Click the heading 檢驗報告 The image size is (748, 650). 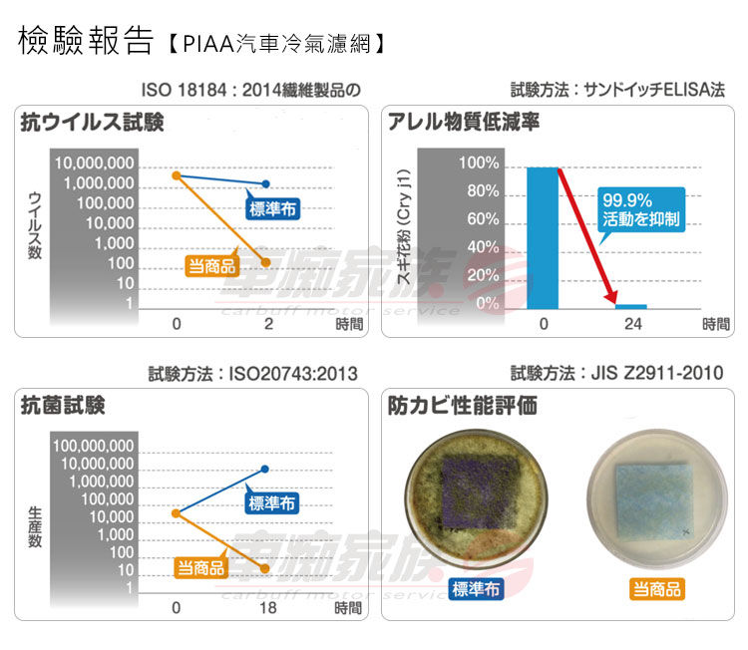(x=86, y=41)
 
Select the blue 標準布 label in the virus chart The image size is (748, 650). (x=272, y=208)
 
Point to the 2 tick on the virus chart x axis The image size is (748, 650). (x=267, y=324)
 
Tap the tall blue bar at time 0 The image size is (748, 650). (x=543, y=237)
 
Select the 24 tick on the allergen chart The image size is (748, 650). (x=632, y=324)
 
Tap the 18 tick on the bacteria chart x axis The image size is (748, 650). (x=267, y=607)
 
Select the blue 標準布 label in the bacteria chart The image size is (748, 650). (x=272, y=502)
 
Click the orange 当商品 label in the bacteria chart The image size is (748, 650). (x=201, y=568)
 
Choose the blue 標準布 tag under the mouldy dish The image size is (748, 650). (x=476, y=589)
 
